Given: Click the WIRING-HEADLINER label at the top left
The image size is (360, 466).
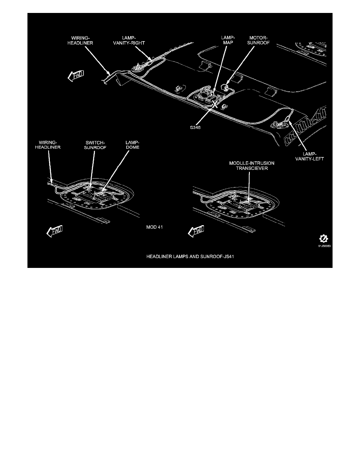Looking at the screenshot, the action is pos(80,40).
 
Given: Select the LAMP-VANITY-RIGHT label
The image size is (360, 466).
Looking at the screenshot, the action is pos(129,40).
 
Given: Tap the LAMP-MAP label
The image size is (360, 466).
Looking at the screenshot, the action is pos(228,40).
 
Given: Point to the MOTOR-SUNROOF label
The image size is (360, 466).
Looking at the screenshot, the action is pos(258,40).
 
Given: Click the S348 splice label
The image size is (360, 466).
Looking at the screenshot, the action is pos(195,127).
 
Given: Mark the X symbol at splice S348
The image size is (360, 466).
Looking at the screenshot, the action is pos(215,104).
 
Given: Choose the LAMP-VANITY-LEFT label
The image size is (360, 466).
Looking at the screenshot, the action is pos(309,157).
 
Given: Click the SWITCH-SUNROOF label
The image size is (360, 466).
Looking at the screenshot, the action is pos(95,145).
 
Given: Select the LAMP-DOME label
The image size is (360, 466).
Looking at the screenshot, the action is pos(132,145).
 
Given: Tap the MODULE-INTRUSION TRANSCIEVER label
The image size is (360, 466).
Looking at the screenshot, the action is pos(252,166).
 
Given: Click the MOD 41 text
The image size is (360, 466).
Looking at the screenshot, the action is pos(155,227).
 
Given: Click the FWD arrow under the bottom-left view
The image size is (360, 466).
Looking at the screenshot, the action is pos(55,231).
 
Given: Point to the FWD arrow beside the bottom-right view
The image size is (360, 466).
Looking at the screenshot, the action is pos(196,231).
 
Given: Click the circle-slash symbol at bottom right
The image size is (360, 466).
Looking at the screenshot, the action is pos(324,238).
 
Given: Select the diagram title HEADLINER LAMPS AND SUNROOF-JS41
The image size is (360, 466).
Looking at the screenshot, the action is pos(190,256).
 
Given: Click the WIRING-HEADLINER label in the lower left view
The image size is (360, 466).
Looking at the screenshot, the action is pos(48,145).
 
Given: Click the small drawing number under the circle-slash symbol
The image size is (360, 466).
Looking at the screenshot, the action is pos(324,246).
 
